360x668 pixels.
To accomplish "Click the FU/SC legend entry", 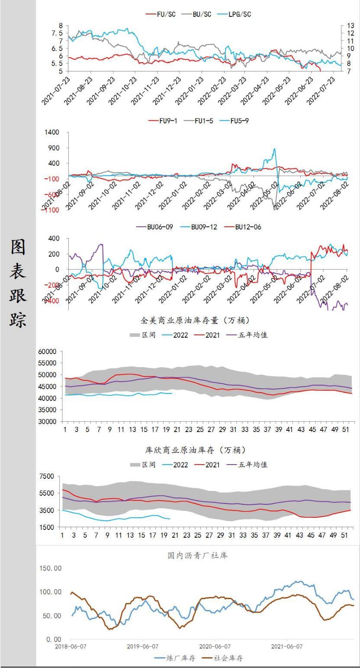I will point(162,14).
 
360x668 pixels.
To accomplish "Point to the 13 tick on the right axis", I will point(350,26).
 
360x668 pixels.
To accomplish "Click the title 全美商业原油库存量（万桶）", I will point(196,321).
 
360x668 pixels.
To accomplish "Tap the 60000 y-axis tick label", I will point(48,352).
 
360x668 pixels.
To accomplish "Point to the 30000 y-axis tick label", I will point(48,421).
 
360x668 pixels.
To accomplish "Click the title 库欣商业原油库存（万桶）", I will point(196,450).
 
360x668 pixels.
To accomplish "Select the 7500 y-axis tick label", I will point(47,476).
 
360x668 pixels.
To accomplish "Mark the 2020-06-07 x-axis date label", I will point(215,646).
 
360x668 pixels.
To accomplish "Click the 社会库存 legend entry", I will point(228,658).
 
